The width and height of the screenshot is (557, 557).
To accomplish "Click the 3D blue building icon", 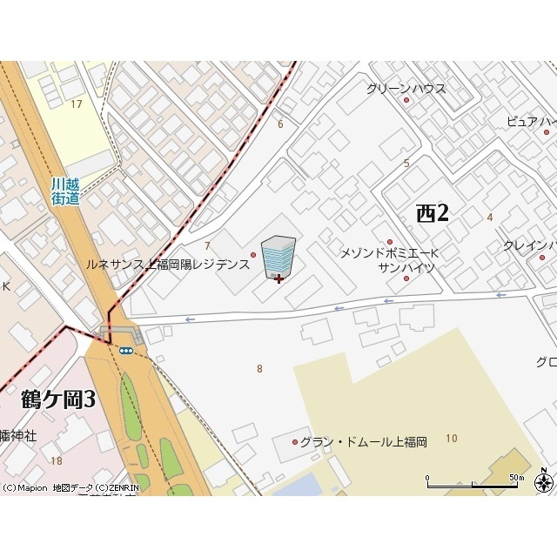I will pos(278,254).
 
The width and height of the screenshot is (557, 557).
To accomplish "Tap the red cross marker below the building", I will pos(278,278).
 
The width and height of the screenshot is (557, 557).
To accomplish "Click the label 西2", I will pos(433,212).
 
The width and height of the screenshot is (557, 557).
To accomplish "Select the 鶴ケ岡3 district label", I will pos(57,399).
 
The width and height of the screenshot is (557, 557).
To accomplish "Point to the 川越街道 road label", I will pos(65,191).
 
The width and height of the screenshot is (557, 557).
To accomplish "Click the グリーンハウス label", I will pos(406,88).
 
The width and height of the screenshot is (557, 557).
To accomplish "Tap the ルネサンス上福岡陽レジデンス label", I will pos(167,263).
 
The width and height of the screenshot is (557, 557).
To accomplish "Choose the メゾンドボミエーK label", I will pos(389,253).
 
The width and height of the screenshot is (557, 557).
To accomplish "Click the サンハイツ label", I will pos(406,268).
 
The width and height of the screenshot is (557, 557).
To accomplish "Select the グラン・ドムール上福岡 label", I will pos(366,442).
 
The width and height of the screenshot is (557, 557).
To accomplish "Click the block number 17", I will pos(77,104).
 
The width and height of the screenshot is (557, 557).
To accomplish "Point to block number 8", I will pos(259,369).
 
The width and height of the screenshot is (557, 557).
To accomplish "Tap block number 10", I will pos(450,438).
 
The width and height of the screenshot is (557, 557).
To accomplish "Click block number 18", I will pos(57,460).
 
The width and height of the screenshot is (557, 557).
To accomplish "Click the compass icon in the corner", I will pos(544,483).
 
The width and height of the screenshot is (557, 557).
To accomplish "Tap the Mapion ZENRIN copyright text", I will pos(66,488).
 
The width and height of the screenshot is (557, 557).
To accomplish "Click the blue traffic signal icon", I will pos(126,350).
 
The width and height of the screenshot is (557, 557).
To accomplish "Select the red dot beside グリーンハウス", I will pos(406,101).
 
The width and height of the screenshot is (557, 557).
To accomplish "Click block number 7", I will pos(207,246).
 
